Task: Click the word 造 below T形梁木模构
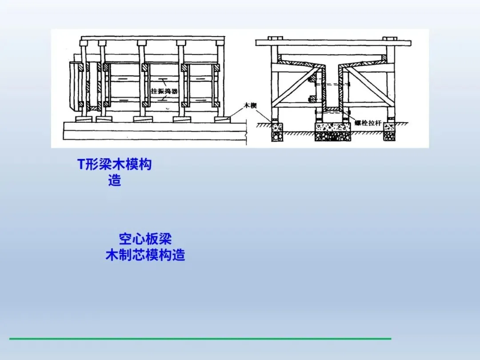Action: tap(114, 181)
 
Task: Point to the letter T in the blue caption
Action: tap(81, 164)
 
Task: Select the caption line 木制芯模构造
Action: tap(145, 256)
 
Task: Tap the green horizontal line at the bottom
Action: tap(200, 339)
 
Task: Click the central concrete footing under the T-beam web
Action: tap(332, 132)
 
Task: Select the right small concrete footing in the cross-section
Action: tap(390, 132)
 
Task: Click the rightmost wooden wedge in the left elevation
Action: tap(220, 119)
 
